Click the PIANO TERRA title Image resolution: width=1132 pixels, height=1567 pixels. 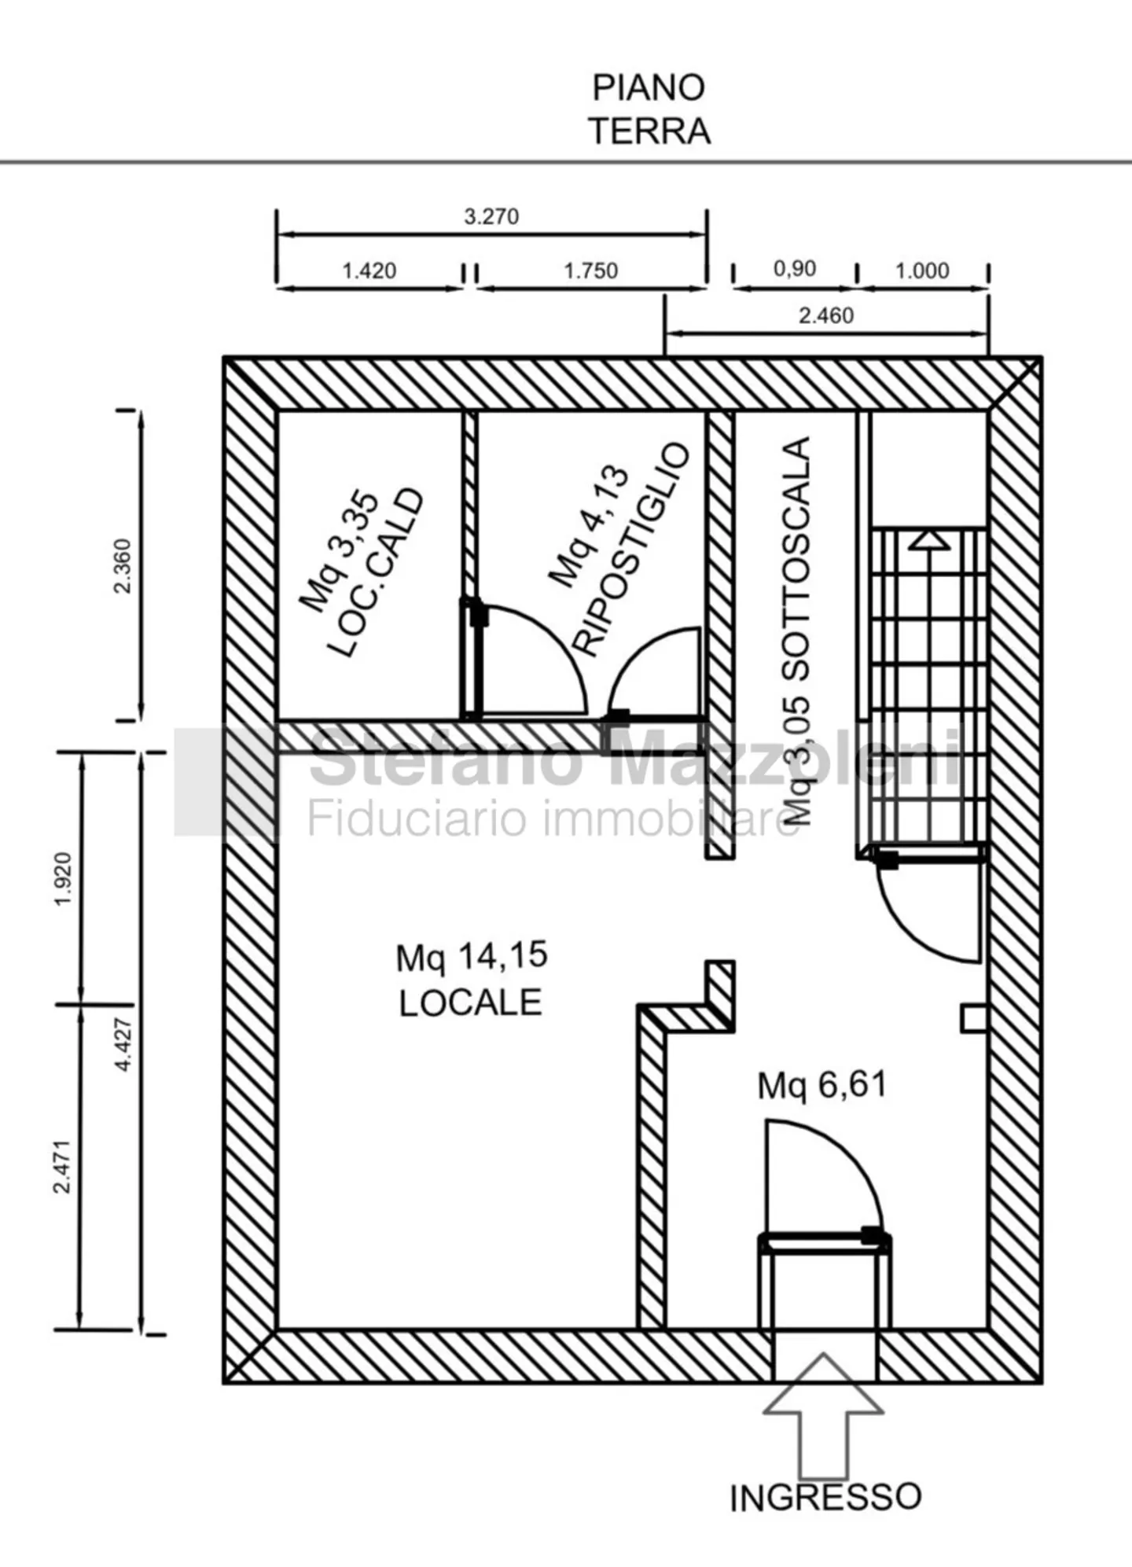point(650,109)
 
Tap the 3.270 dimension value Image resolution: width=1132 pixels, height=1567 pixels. point(491,216)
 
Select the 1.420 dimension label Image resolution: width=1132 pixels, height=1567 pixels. point(369,270)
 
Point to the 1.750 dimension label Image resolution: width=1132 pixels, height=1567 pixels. point(590,270)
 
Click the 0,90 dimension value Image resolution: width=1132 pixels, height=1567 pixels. point(794,268)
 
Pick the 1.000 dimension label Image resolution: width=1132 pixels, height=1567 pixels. point(922,270)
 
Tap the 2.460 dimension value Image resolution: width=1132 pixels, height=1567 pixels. point(825,315)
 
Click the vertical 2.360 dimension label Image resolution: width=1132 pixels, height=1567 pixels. point(123,566)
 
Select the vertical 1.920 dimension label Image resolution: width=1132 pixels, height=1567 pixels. point(63,879)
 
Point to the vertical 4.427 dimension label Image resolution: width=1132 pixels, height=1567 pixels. point(123,1044)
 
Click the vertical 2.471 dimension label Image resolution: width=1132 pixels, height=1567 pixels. point(63,1166)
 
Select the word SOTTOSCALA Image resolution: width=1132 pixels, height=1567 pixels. point(797,558)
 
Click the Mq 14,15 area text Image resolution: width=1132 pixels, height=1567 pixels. point(471,957)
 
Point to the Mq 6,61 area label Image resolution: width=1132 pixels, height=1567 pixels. point(821,1085)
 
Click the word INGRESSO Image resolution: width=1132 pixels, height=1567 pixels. point(825,1498)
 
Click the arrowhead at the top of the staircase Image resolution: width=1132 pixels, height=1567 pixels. point(929,540)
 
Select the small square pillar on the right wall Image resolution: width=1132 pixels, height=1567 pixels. point(974,1018)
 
